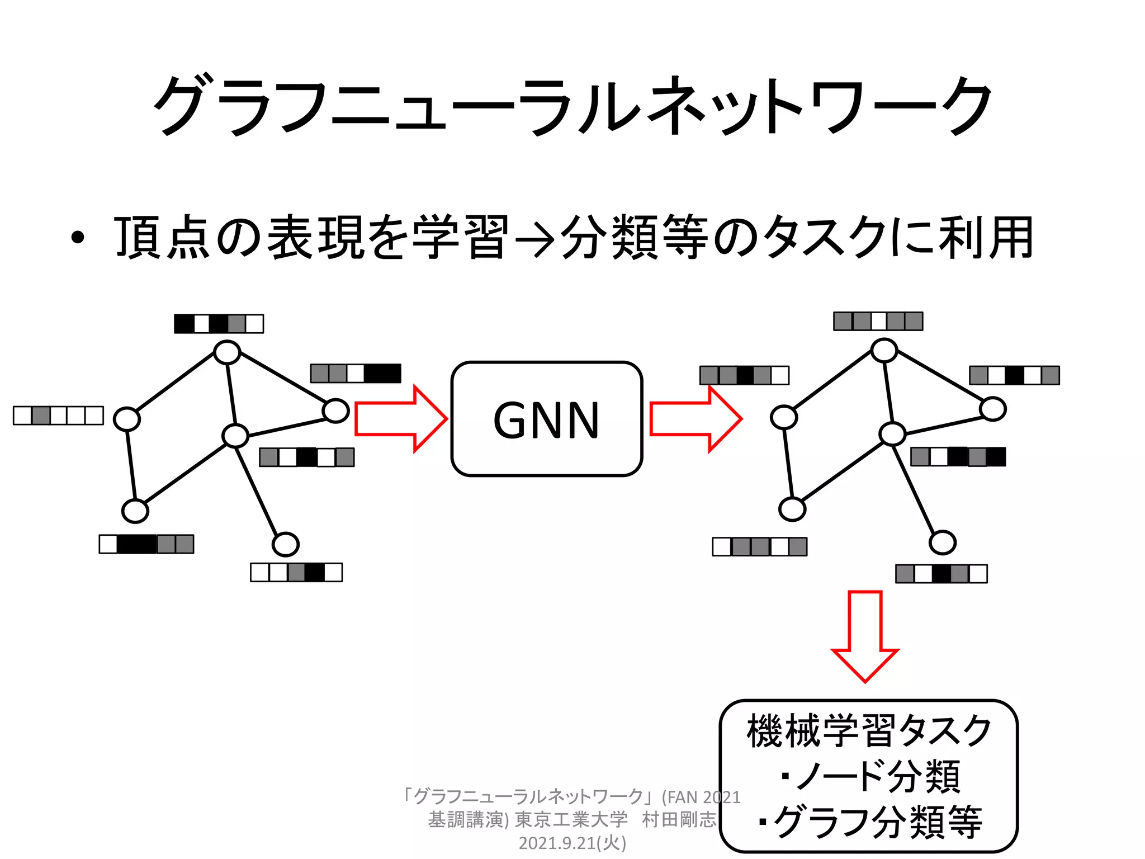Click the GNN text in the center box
546,420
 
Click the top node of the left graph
227,353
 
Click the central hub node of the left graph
235,436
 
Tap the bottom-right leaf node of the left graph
286,544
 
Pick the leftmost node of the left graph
127,419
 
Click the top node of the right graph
884,351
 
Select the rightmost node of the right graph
993,409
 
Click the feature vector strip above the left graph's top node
219,324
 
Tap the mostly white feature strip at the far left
58,416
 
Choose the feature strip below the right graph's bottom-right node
941,574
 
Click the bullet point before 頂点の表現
78,238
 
